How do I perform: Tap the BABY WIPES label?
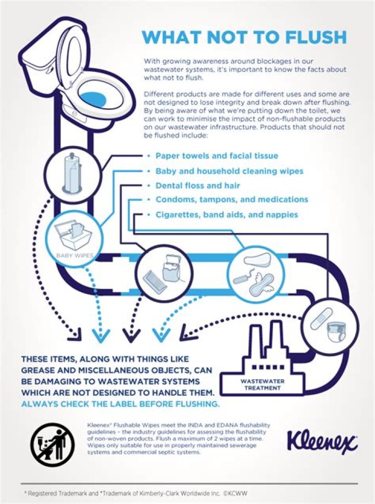pyautogui.click(x=74, y=256)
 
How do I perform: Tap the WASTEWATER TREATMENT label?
pyautogui.click(x=262, y=384)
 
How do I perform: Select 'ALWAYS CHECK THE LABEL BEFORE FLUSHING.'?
pyautogui.click(x=120, y=404)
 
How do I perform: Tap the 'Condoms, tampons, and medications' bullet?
pyautogui.click(x=232, y=200)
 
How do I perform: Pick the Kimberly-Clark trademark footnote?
pyautogui.click(x=137, y=493)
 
